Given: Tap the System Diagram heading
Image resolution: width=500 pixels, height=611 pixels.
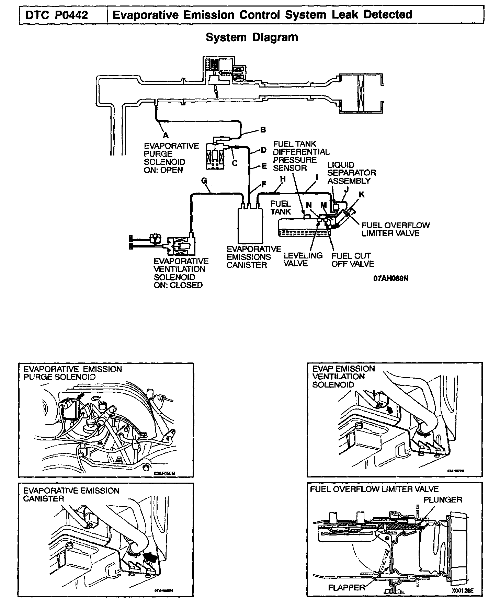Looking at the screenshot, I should tap(252, 37).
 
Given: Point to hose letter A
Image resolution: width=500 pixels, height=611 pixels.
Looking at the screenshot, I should tap(166, 135).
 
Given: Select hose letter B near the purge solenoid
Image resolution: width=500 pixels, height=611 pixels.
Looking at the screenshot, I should tap(263, 130).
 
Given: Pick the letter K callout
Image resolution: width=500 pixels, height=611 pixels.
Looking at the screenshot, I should tap(361, 195).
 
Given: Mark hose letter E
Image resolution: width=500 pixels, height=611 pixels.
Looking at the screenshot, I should tap(264, 166).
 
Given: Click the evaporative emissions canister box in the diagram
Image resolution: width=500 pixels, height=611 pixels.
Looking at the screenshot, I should tap(249, 225).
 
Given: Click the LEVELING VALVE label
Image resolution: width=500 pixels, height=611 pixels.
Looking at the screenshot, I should tap(303, 260).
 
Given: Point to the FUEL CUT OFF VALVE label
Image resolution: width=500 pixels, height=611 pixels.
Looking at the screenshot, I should tap(352, 260).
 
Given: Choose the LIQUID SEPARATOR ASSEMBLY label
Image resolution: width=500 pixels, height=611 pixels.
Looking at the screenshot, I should tap(351, 173).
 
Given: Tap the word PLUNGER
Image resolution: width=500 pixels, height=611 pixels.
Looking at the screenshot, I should tap(442, 499).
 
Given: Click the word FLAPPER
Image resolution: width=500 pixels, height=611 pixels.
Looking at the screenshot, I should tap(346, 587).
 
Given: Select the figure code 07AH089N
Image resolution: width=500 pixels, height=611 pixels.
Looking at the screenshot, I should tap(390, 278).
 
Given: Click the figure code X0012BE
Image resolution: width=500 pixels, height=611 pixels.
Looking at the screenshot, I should tap(462, 591).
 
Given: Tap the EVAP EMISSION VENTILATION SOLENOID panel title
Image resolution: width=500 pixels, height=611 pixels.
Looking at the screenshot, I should tap(343, 377).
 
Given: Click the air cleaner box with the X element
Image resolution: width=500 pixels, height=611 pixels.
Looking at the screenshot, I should tap(360, 93).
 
